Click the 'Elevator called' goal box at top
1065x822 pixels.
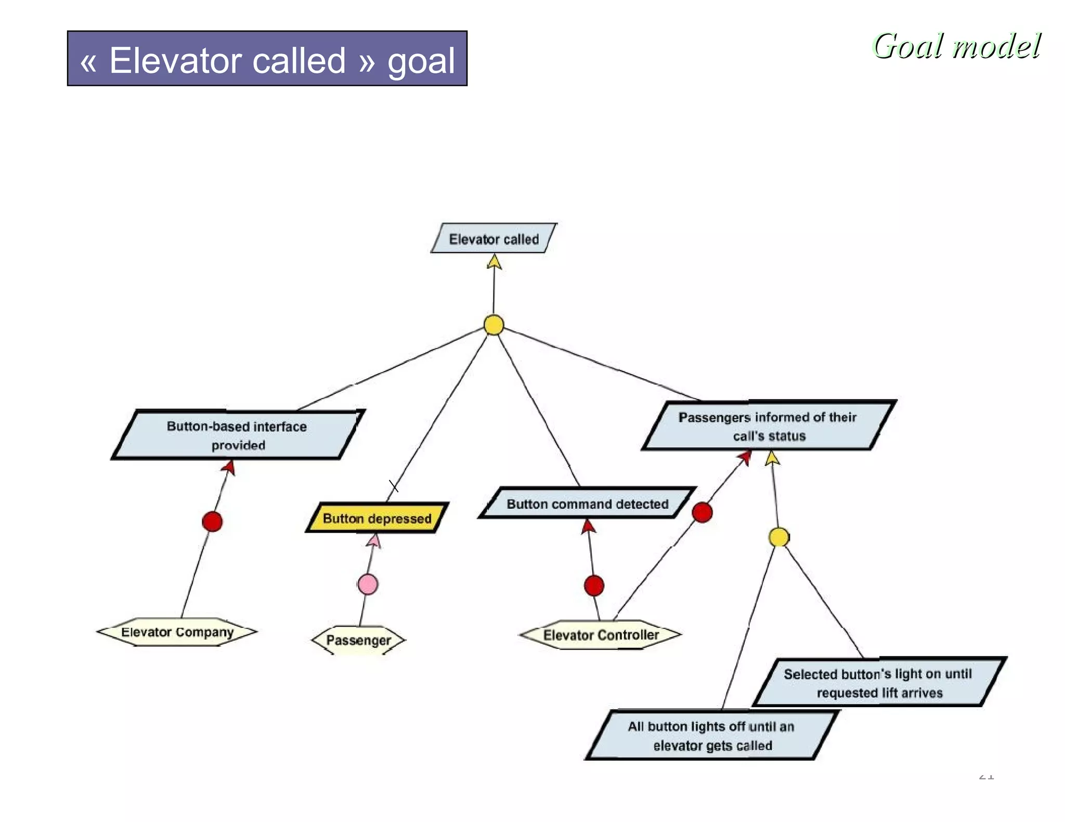[493, 239]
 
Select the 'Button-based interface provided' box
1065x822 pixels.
[237, 435]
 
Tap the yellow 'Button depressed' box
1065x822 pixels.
[377, 518]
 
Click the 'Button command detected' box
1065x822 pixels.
[587, 503]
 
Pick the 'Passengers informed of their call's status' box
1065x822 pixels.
[768, 426]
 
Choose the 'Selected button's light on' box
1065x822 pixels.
[878, 683]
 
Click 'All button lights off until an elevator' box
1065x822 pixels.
[711, 736]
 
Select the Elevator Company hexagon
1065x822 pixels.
[177, 632]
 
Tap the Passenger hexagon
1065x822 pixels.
[358, 640]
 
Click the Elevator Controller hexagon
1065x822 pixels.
[601, 634]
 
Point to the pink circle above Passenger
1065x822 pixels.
[368, 584]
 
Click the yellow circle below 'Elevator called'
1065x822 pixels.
[493, 325]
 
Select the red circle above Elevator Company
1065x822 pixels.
[212, 521]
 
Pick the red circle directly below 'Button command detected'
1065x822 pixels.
[594, 586]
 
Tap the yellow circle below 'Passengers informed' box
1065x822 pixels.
[778, 537]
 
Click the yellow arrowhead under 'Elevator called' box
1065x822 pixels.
[494, 261]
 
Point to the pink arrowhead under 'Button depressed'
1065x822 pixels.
[374, 541]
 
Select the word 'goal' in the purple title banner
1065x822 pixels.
[421, 61]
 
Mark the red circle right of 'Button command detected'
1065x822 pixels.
[702, 512]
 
